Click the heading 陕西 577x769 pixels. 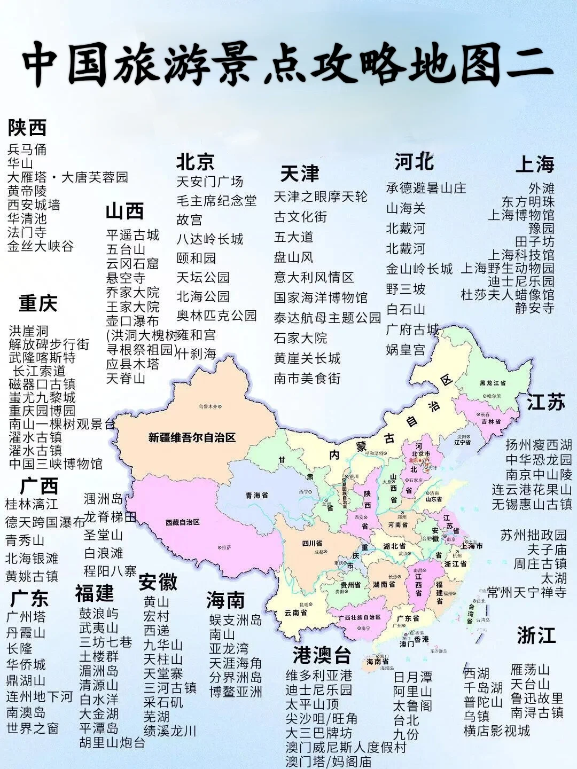pyautogui.click(x=27, y=128)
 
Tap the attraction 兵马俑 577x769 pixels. pyautogui.click(x=27, y=149)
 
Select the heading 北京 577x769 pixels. pyautogui.click(x=195, y=161)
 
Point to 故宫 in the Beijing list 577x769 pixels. pyautogui.click(x=190, y=219)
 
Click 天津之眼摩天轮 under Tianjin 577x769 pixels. pyautogui.click(x=321, y=197)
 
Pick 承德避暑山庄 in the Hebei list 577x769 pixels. pyautogui.click(x=426, y=188)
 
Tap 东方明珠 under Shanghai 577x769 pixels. pyautogui.click(x=528, y=202)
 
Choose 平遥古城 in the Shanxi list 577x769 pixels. pyautogui.click(x=132, y=235)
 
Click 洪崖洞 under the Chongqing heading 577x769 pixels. pyautogui.click(x=28, y=331)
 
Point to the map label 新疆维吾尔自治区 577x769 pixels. pyautogui.click(x=192, y=438)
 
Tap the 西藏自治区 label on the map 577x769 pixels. pyautogui.click(x=182, y=522)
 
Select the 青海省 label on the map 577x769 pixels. pyautogui.click(x=256, y=496)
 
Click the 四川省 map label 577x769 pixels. pyautogui.click(x=312, y=544)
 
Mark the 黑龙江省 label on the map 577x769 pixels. pyautogui.click(x=493, y=383)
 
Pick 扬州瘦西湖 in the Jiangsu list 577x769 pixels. pyautogui.click(x=539, y=444)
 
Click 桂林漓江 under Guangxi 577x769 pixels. pyautogui.click(x=32, y=504)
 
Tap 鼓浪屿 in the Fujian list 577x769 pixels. pyautogui.click(x=99, y=614)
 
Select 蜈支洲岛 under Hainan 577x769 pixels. pyautogui.click(x=236, y=620)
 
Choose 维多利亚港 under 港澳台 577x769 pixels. pyautogui.click(x=319, y=676)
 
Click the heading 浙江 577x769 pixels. pyautogui.click(x=536, y=635)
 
